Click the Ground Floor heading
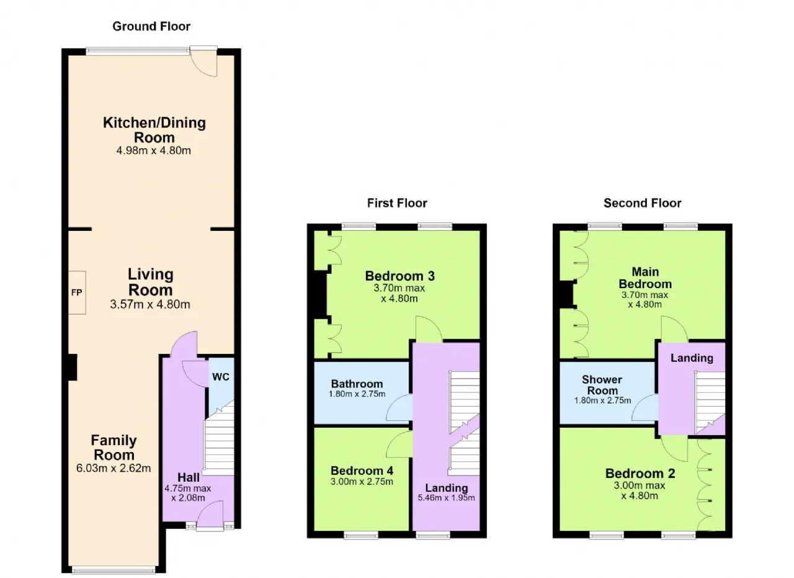(x=151, y=27)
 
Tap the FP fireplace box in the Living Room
(x=77, y=292)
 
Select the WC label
(x=221, y=377)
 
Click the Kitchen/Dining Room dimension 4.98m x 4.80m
(x=153, y=150)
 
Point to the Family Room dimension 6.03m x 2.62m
(x=114, y=468)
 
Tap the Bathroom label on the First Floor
(x=357, y=384)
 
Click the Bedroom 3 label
(x=400, y=276)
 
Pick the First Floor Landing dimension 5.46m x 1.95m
(x=446, y=498)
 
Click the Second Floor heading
(x=642, y=203)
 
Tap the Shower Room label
(x=602, y=385)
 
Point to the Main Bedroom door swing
(x=674, y=329)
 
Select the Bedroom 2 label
(x=640, y=473)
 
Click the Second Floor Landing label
(x=692, y=358)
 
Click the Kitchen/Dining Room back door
(x=203, y=61)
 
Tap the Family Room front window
(x=114, y=570)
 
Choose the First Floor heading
(x=397, y=203)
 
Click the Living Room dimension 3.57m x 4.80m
(x=150, y=304)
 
